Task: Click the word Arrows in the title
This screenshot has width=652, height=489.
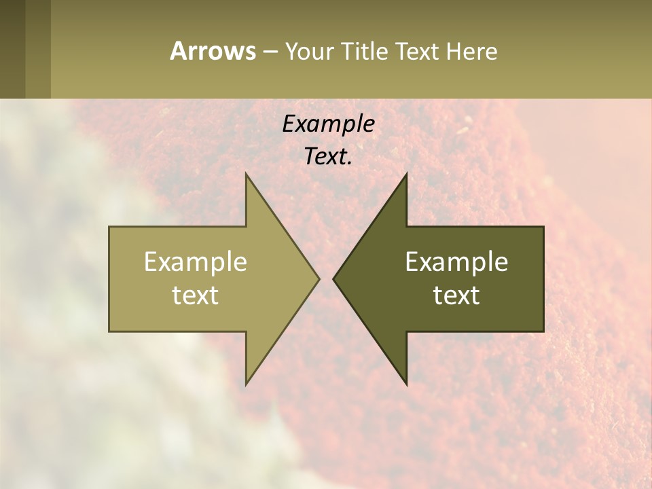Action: (212, 51)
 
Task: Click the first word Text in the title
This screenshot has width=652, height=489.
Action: (418, 52)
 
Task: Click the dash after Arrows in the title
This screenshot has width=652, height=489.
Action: (270, 52)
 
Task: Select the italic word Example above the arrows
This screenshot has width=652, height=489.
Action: (328, 124)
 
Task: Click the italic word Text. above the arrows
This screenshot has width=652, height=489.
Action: (326, 156)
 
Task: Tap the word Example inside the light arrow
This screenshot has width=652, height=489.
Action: (196, 261)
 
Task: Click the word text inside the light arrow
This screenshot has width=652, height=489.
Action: (196, 295)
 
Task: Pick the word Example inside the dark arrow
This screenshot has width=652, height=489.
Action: (456, 261)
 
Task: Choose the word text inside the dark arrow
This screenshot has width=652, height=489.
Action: (456, 295)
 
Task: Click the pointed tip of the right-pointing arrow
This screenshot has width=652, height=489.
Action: (319, 278)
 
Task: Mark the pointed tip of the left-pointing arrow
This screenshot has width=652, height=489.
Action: (333, 278)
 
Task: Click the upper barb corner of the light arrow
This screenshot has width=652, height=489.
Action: (246, 174)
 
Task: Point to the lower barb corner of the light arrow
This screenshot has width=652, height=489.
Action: (246, 384)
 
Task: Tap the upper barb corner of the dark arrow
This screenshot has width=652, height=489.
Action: (406, 174)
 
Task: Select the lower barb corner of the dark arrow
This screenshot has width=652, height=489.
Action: (406, 384)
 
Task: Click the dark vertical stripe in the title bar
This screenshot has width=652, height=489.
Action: (12, 49)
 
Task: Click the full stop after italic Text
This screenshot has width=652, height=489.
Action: (350, 163)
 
